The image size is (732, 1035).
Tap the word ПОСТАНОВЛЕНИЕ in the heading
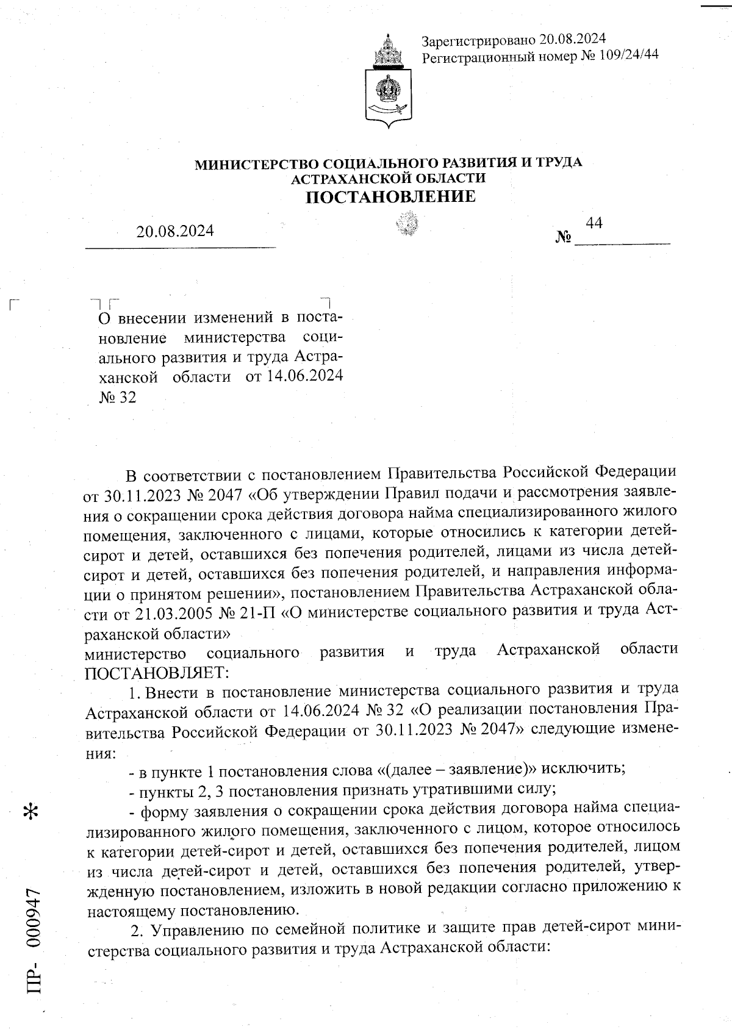coord(390,196)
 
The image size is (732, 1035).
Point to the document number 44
coord(594,223)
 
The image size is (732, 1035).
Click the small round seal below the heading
coord(407,224)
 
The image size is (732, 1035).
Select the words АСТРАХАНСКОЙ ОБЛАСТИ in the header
coord(389,178)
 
